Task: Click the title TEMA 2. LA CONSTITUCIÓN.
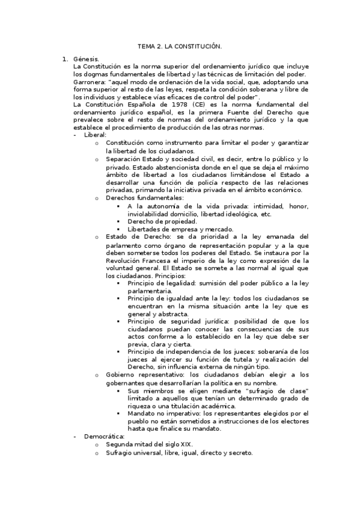coord(180,46)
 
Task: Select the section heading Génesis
coord(85,60)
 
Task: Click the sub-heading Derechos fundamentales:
coord(144,198)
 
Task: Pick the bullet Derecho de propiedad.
coord(162,221)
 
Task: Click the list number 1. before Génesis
coord(66,60)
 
